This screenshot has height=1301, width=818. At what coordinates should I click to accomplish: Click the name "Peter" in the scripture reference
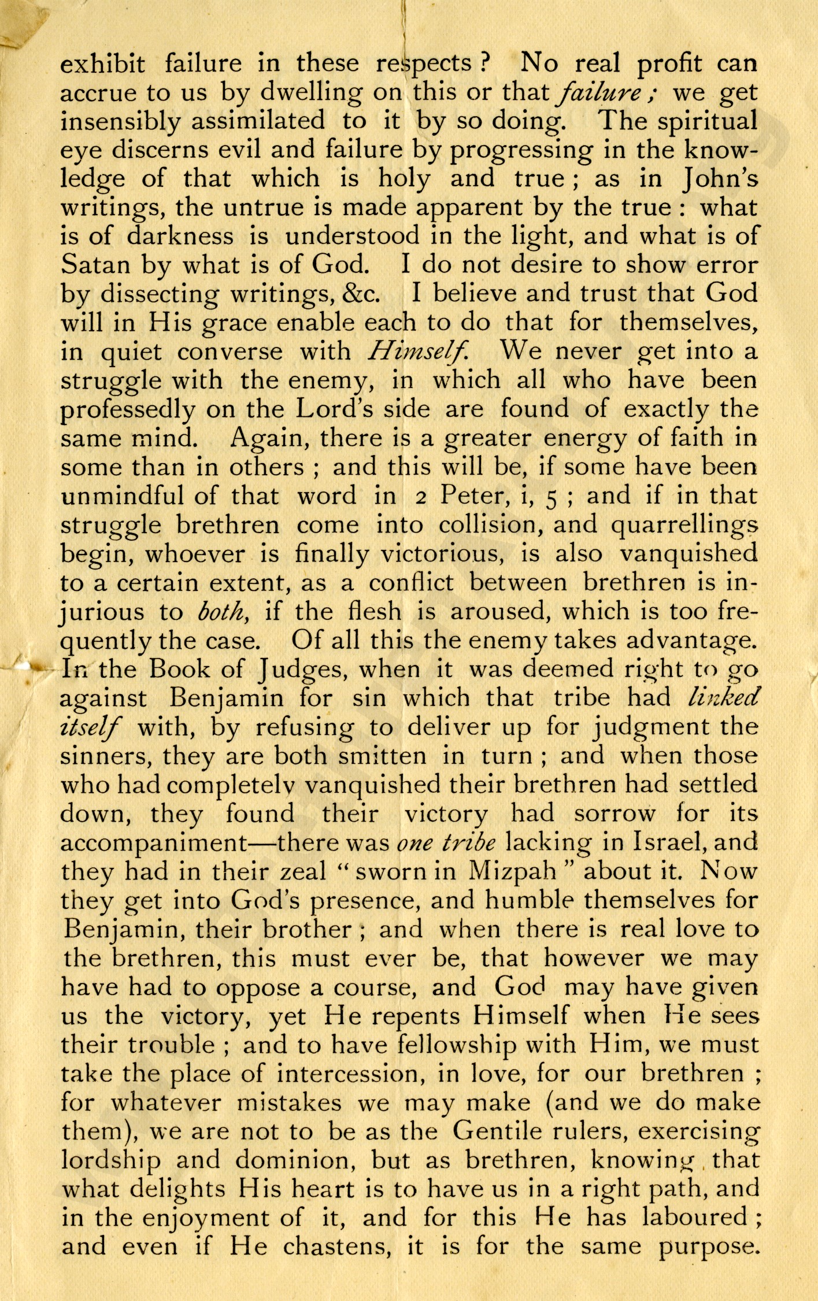point(468,497)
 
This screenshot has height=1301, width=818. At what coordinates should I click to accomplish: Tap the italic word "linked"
point(722,698)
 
